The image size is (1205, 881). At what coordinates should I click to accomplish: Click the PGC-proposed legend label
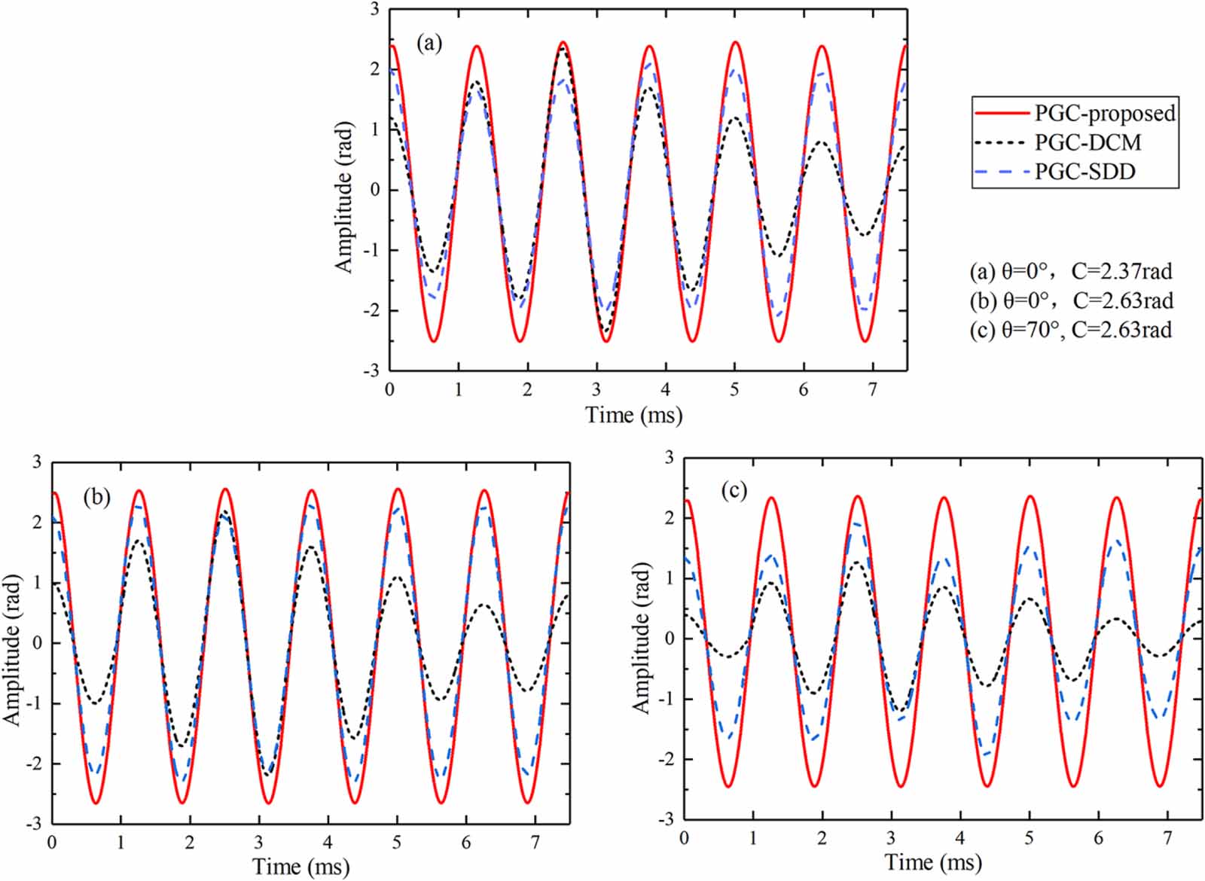click(1104, 113)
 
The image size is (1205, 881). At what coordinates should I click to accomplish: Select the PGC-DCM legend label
click(1088, 142)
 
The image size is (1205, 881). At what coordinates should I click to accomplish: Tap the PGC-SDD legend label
click(1084, 172)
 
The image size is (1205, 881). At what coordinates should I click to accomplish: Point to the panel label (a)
click(429, 43)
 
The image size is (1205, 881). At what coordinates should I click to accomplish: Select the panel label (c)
click(734, 491)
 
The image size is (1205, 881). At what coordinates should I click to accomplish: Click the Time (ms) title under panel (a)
click(633, 415)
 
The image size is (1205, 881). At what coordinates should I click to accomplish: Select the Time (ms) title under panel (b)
click(300, 866)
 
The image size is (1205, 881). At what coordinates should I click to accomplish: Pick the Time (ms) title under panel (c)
click(932, 861)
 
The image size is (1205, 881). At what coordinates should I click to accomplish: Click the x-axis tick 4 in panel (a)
click(665, 389)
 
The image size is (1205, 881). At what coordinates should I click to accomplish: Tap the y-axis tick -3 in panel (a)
click(374, 370)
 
